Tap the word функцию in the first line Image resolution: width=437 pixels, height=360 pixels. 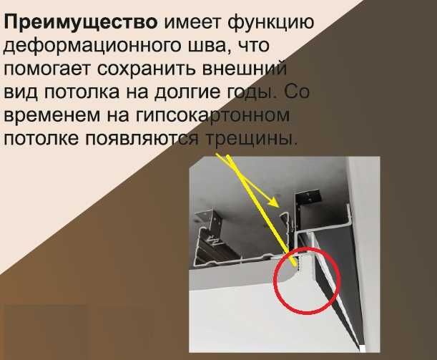coord(275,21)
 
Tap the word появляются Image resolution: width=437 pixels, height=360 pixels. coord(141,140)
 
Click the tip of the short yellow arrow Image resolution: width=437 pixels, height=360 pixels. coord(280,208)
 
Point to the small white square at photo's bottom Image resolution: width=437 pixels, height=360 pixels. coord(363,349)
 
